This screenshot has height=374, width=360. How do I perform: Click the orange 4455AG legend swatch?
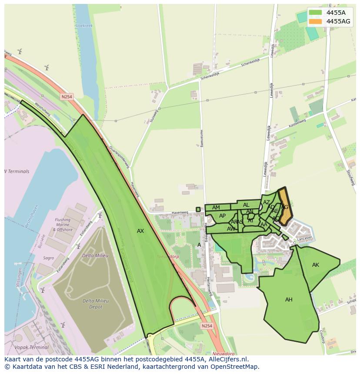click(x=316, y=21)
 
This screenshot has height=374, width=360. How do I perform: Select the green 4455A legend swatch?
click(x=316, y=13)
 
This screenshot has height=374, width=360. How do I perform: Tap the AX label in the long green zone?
click(x=140, y=231)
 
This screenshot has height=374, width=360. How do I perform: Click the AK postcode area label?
click(x=316, y=265)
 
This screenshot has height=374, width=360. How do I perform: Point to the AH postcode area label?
click(x=289, y=300)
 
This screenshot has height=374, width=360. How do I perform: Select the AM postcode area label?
click(x=216, y=208)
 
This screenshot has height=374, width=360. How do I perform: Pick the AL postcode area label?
click(x=246, y=205)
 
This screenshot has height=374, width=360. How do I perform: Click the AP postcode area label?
click(x=222, y=216)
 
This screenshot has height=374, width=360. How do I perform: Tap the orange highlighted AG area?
click(x=285, y=208)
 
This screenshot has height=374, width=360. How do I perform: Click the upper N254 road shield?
click(x=67, y=97)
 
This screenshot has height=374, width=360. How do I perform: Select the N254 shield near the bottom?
click(x=207, y=325)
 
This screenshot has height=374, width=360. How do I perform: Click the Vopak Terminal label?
click(x=31, y=348)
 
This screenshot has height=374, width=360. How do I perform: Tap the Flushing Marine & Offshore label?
click(x=62, y=225)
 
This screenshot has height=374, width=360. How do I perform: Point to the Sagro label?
click(x=49, y=258)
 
